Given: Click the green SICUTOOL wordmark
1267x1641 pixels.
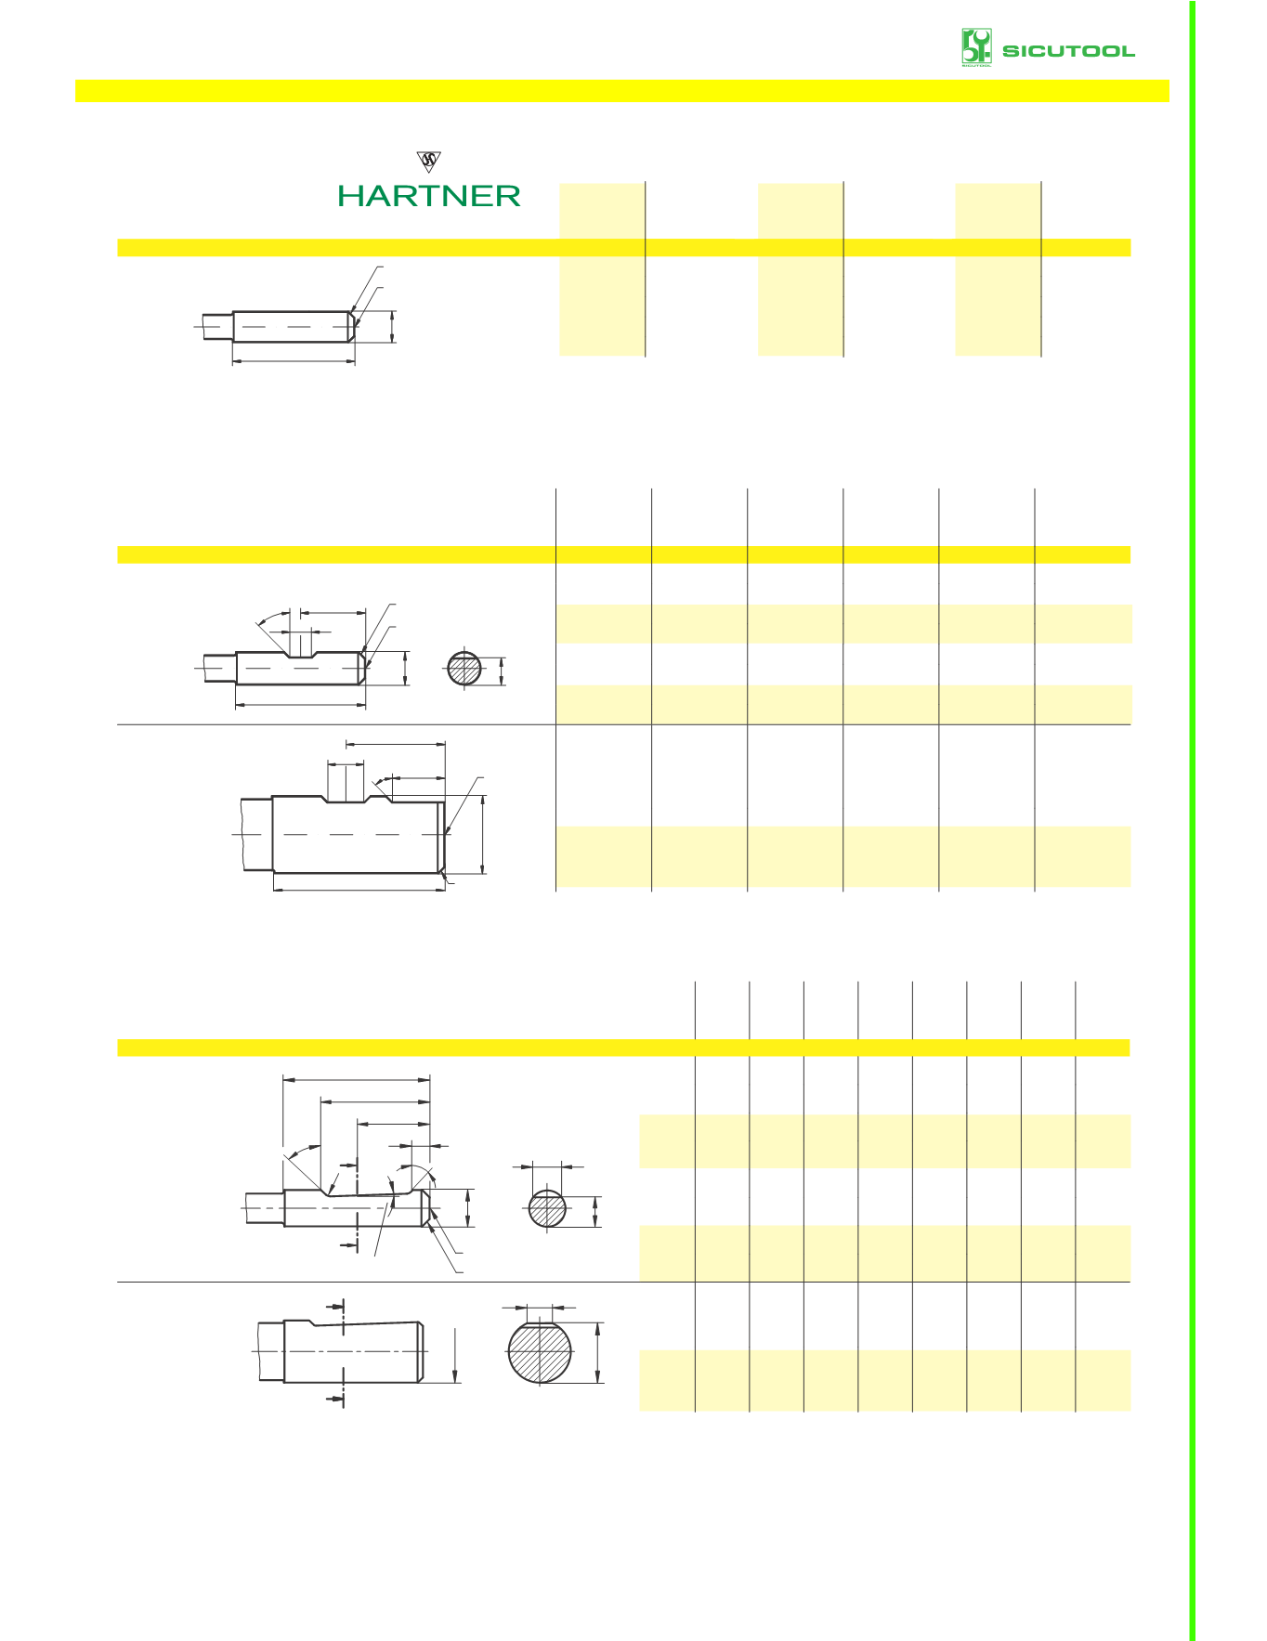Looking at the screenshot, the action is [x=1067, y=51].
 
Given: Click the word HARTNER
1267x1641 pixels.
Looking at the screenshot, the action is [x=428, y=196].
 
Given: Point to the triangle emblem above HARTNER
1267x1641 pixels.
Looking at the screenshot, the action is [x=429, y=162].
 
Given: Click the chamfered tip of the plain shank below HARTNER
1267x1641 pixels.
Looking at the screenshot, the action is [x=352, y=326].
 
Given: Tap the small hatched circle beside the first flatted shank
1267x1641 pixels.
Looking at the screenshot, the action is [x=464, y=669].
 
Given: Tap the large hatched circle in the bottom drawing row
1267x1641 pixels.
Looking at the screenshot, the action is [x=540, y=1350].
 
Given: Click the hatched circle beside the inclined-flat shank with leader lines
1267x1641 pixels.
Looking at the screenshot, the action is [x=547, y=1209].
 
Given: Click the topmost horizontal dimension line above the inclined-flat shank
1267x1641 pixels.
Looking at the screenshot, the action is [x=357, y=1079].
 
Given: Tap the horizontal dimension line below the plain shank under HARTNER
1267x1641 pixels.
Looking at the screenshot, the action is [x=294, y=361].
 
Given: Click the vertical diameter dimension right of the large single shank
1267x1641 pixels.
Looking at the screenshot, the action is [x=483, y=834].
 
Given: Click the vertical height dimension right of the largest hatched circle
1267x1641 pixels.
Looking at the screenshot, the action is [x=597, y=1352].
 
